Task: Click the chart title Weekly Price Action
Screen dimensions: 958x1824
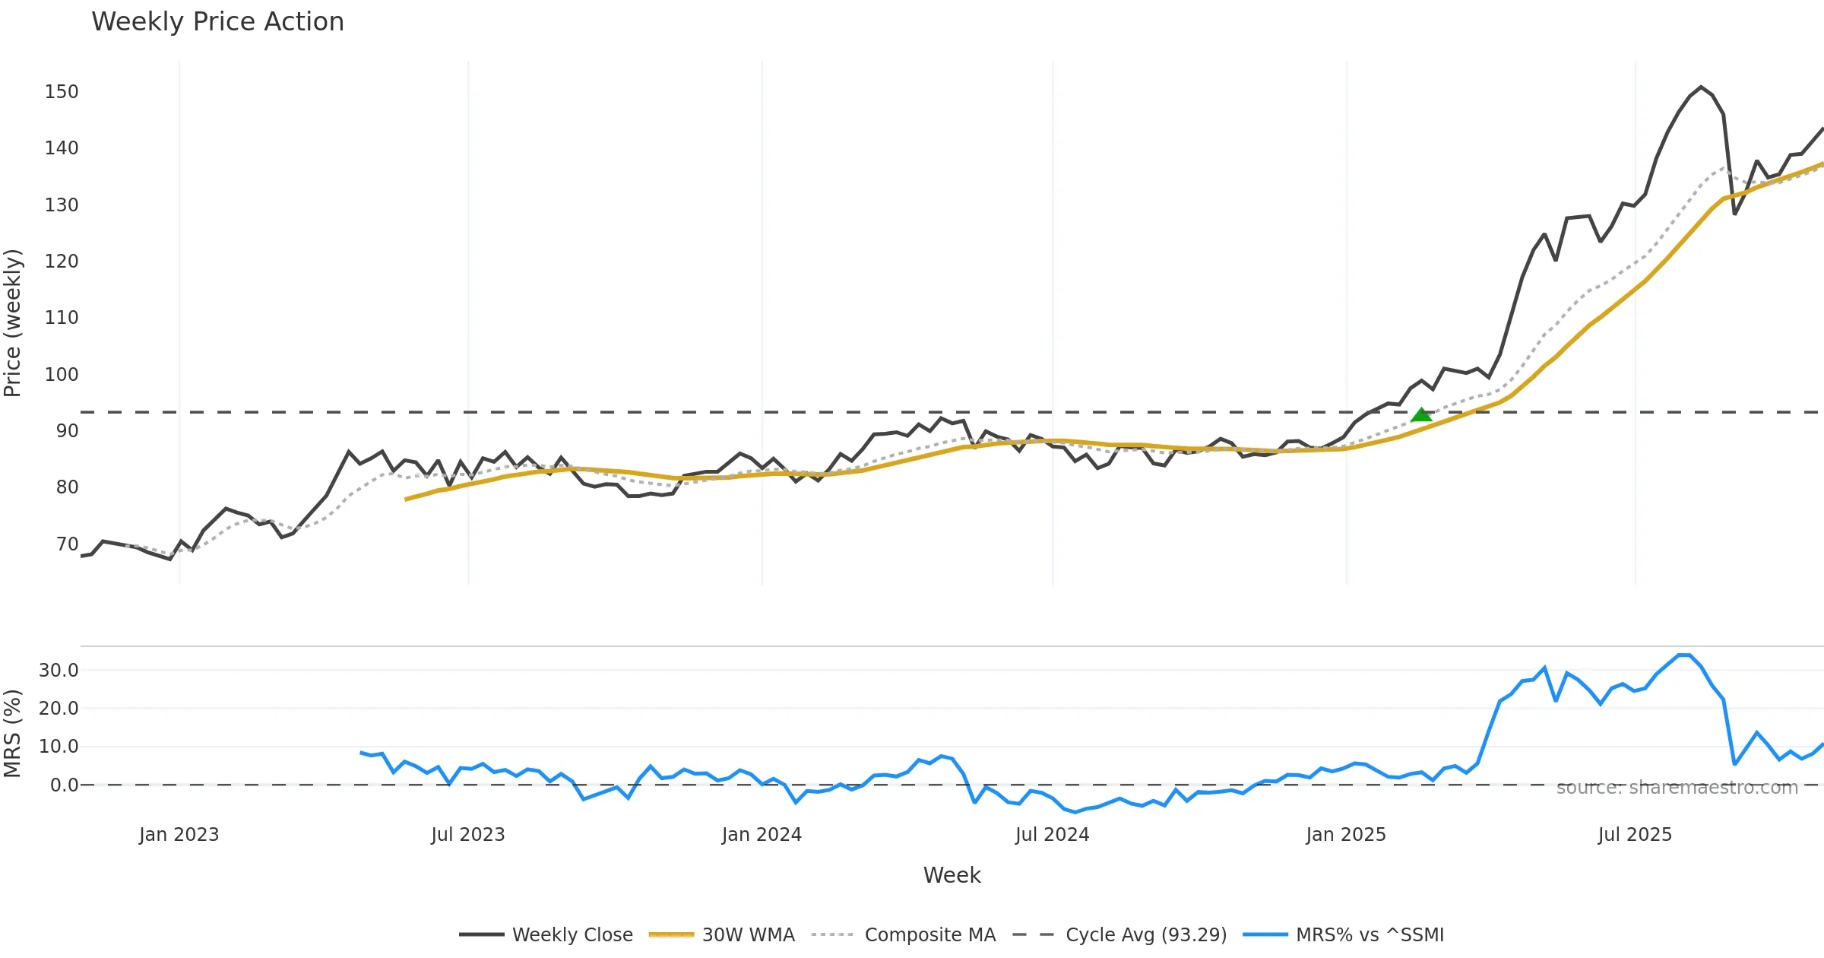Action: [217, 22]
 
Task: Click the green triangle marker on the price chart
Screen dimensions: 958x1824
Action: [1421, 415]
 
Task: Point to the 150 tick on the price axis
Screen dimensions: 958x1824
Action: [62, 92]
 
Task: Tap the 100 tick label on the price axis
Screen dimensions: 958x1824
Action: [62, 375]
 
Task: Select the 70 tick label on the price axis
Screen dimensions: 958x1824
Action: [67, 544]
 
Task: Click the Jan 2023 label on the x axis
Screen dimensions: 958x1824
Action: [179, 835]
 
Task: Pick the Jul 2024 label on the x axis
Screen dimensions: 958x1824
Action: [1052, 835]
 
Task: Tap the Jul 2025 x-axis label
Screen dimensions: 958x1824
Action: [1635, 835]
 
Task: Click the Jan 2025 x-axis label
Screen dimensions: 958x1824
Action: [1346, 835]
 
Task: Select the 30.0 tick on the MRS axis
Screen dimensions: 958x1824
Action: [59, 671]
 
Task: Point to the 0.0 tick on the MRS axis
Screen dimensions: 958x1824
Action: [64, 785]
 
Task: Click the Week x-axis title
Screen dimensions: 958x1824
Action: [952, 876]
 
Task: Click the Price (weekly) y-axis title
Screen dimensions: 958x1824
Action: [13, 323]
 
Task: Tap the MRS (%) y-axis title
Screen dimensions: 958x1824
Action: [13, 734]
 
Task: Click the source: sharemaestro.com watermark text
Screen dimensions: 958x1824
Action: [1677, 788]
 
